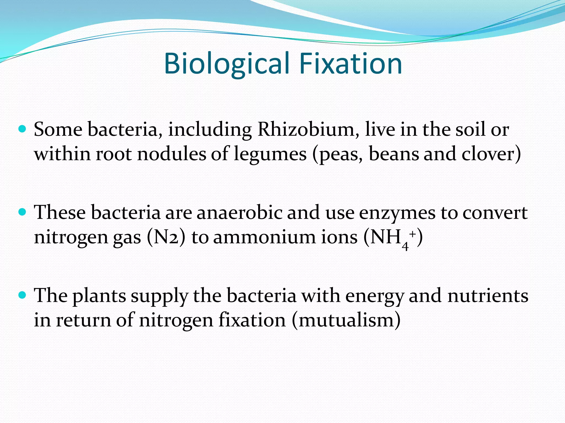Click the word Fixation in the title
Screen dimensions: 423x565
click(x=350, y=64)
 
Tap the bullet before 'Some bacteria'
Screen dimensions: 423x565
click(x=22, y=129)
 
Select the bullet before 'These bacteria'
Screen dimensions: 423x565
click(x=22, y=212)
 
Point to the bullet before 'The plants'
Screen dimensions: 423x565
click(x=22, y=295)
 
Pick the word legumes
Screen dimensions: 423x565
click(x=270, y=154)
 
